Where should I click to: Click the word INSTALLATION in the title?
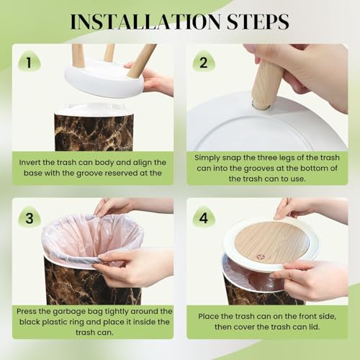pyautogui.click(x=145, y=22)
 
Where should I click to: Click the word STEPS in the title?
pyautogui.click(x=258, y=22)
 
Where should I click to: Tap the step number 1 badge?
pyautogui.click(x=30, y=62)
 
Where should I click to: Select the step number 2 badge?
pyautogui.click(x=204, y=62)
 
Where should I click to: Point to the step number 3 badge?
pyautogui.click(x=30, y=217)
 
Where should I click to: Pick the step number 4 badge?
pyautogui.click(x=204, y=217)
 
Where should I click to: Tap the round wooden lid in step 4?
pyautogui.click(x=271, y=243)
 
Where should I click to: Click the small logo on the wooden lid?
pyautogui.click(x=260, y=257)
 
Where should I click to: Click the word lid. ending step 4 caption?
pyautogui.click(x=314, y=327)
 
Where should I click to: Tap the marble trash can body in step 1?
pyautogui.click(x=94, y=132)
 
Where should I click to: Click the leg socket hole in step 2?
pyautogui.click(x=261, y=107)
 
